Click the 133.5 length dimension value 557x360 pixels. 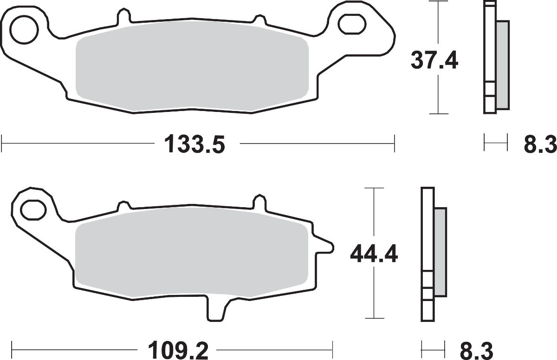[x=194, y=144]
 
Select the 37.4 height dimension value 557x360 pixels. [x=434, y=60]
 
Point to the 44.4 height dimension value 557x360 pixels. [x=374, y=254]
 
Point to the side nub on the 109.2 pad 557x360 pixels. [x=325, y=246]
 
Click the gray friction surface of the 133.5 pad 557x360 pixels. [x=192, y=73]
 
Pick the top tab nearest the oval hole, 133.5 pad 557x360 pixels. [x=258, y=17]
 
